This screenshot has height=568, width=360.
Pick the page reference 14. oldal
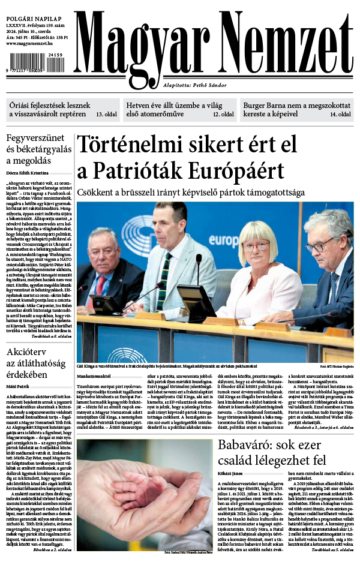[340, 114]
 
